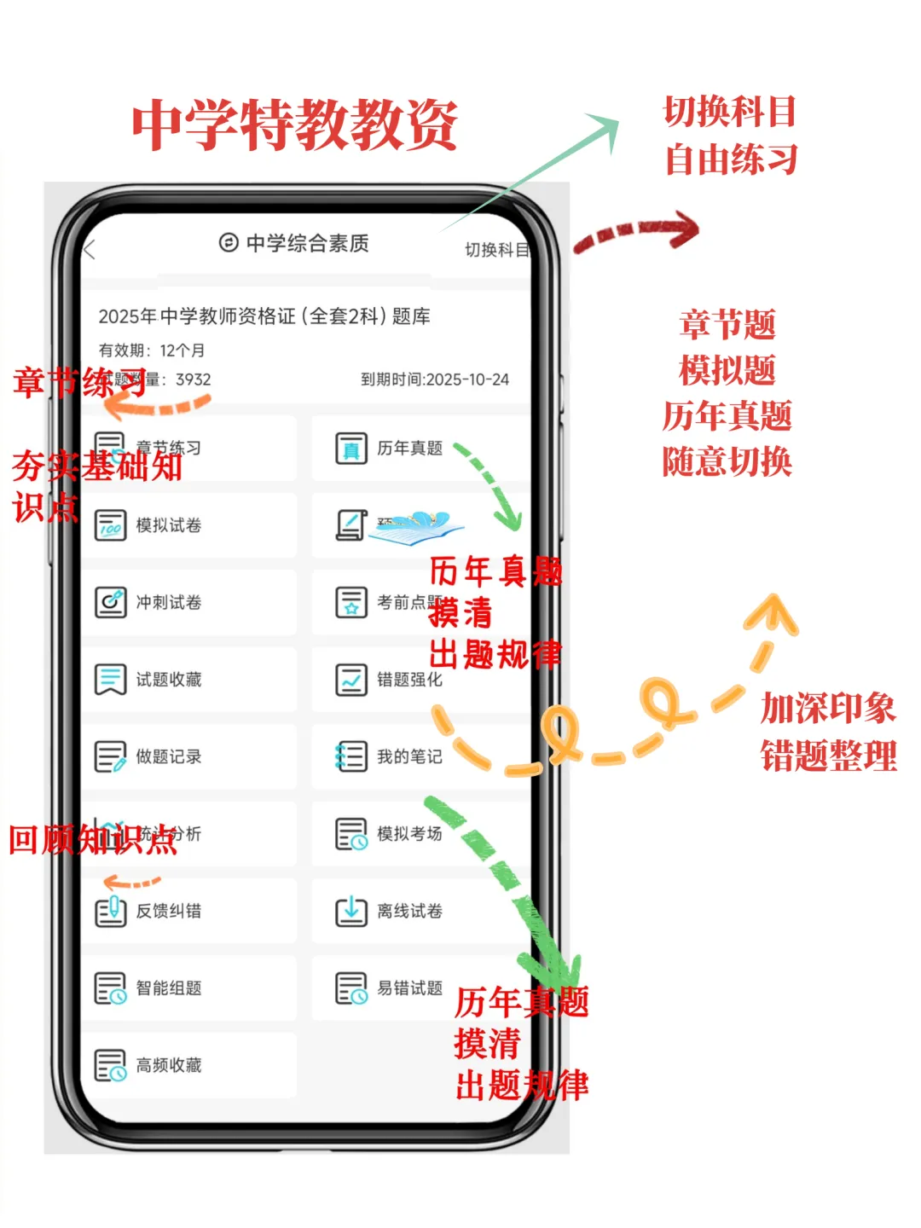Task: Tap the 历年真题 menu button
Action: tap(409, 449)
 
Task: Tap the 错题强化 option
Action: tap(409, 680)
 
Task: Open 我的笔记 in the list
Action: tap(409, 756)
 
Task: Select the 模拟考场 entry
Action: tap(409, 834)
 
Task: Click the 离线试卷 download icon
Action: tap(350, 911)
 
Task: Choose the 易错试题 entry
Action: tap(409, 988)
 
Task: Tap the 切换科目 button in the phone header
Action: tap(496, 250)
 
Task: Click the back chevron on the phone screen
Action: tap(90, 250)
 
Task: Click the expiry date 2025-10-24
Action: tap(467, 379)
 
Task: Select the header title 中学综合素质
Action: tap(307, 244)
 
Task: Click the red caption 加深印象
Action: tap(827, 708)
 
